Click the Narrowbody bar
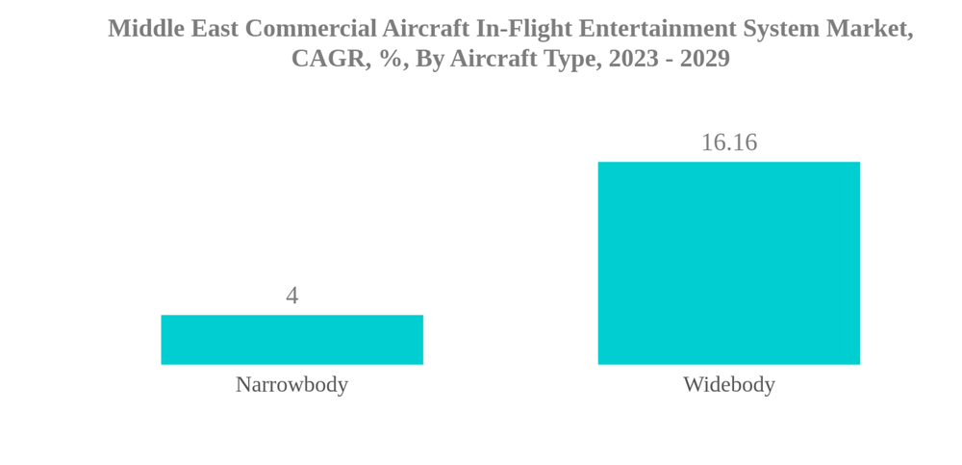click(x=291, y=339)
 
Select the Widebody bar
click(x=728, y=263)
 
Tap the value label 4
click(x=291, y=296)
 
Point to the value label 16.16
click(x=728, y=142)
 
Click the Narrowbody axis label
click(x=291, y=384)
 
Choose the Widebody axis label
click(x=728, y=384)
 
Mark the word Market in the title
click(x=873, y=30)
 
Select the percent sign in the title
click(x=391, y=59)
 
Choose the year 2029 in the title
click(x=705, y=59)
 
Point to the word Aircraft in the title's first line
click(x=425, y=29)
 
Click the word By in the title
click(x=429, y=60)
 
